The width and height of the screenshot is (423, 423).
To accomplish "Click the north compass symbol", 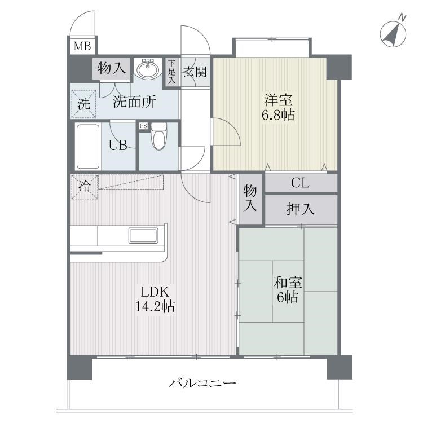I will coord(393,32).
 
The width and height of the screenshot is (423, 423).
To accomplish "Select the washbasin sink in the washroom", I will coord(148,69).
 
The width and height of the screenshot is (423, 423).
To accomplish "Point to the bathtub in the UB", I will coord(87,146).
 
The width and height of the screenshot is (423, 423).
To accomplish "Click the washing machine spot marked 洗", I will coord(83,104).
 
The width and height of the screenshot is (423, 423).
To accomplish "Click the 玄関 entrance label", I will coord(194,72).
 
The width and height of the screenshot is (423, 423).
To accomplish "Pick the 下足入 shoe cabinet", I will coord(171,72).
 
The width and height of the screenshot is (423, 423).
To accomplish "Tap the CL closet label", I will coord(300,183).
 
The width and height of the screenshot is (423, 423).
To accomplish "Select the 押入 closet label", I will coord(301,209).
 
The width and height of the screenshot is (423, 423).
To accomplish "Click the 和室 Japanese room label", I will coord(287,280).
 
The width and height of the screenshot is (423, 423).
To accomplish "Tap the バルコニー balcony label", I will coord(202,384).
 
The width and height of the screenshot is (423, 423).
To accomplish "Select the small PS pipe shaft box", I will coord(143,126).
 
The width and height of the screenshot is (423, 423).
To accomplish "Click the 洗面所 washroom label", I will coord(134,102).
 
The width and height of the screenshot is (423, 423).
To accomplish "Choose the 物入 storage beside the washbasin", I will coord(111,69).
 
